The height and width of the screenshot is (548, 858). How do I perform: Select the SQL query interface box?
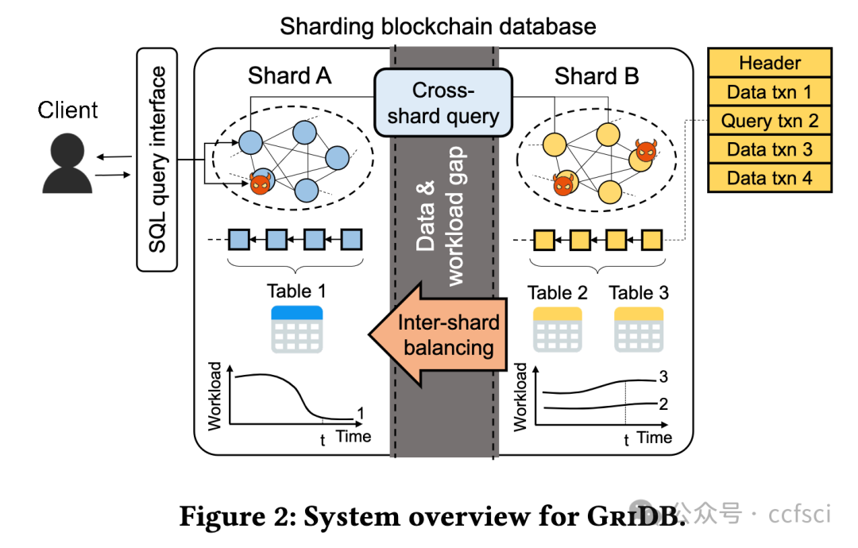pos(158,159)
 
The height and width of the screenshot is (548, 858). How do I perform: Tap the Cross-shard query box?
pos(443,103)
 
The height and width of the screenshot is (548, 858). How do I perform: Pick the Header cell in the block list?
pos(769,63)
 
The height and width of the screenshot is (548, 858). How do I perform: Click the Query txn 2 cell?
pos(769,121)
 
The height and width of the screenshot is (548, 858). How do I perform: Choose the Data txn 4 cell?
pos(769,178)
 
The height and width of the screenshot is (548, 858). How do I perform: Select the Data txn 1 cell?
pos(769,92)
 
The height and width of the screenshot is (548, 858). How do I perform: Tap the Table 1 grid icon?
pos(296,329)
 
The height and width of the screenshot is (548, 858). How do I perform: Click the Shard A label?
pos(289,76)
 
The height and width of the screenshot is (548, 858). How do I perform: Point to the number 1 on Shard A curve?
pos(360,413)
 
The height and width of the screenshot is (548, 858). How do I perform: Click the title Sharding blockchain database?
pos(438,26)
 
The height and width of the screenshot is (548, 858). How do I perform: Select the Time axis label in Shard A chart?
pos(353,436)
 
